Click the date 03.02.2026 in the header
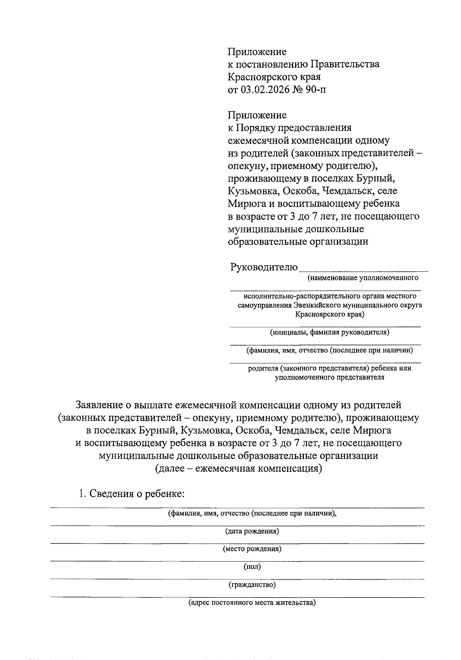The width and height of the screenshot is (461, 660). point(265,90)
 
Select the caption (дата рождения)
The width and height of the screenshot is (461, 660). point(252,531)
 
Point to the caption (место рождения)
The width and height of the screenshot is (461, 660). point(252,549)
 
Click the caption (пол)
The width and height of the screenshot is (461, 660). point(252,567)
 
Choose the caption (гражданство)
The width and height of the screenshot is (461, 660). point(252,585)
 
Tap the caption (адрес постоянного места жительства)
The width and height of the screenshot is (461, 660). point(252,602)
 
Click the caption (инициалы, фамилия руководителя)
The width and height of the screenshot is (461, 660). point(329,332)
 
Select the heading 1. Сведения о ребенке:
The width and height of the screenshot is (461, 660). point(132,494)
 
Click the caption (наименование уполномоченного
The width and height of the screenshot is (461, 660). point(362,278)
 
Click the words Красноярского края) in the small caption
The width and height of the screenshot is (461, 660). point(330,314)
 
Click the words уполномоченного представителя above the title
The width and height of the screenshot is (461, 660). point(329,377)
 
